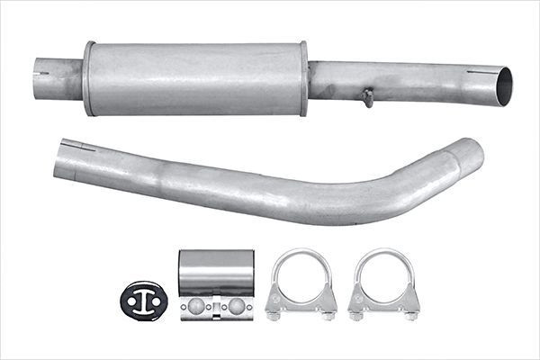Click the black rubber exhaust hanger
[144, 300]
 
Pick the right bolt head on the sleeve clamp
[236, 306]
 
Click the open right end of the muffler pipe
[502, 85]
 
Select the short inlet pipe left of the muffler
[59, 78]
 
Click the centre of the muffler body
[196, 78]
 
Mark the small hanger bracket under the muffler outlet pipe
[366, 96]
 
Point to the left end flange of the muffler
[89, 78]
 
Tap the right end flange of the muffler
[303, 78]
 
